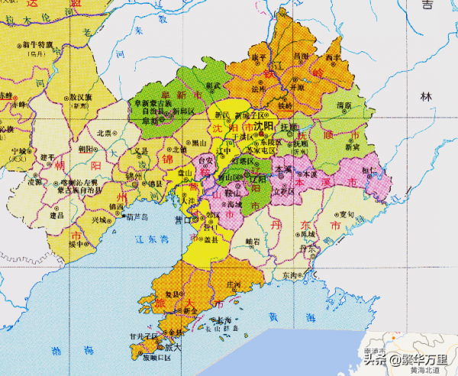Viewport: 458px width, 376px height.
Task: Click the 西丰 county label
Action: pyautogui.click(x=334, y=57)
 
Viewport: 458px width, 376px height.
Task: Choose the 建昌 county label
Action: pyautogui.click(x=56, y=216)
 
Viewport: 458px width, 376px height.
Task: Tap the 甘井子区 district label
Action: pyautogui.click(x=143, y=335)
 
